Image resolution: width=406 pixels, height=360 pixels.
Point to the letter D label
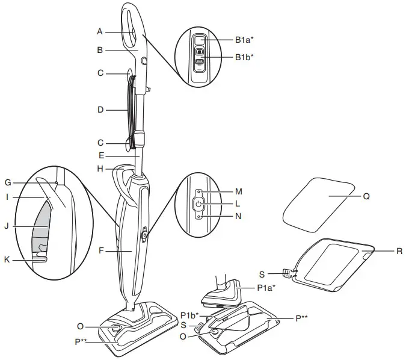pos(100,110)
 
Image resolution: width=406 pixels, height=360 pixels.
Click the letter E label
pos(100,156)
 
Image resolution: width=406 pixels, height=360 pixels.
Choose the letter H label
pos(100,169)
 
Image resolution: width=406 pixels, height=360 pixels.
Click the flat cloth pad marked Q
pos(322,200)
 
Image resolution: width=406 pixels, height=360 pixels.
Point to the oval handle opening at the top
pos(134,26)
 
